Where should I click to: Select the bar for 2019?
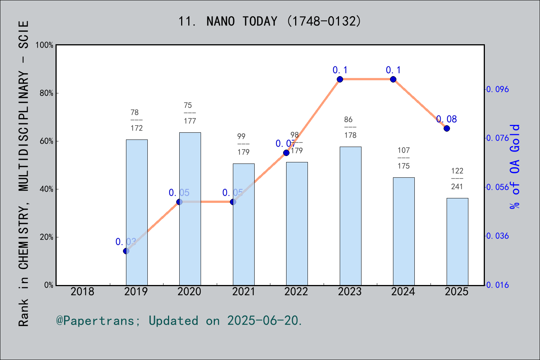(x=136, y=212)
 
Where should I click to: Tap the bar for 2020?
(x=190, y=208)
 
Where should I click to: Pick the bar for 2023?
(x=350, y=216)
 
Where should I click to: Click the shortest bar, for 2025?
(x=457, y=241)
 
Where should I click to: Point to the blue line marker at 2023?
(x=340, y=79)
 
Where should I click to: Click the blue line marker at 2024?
(x=393, y=79)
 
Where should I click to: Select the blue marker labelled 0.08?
(x=447, y=128)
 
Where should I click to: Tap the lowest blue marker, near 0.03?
(x=126, y=251)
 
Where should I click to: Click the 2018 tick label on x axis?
(x=82, y=292)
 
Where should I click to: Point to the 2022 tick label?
(x=296, y=292)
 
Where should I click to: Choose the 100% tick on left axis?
(x=44, y=45)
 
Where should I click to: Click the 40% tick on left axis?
(x=46, y=189)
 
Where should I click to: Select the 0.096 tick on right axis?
(x=498, y=89)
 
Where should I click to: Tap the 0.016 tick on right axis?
(x=498, y=285)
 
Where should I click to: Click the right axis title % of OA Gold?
(x=515, y=166)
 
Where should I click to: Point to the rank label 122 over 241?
(x=457, y=178)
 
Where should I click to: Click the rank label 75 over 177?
(x=190, y=113)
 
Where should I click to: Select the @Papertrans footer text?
(x=179, y=321)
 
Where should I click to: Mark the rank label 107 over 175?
(x=403, y=158)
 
